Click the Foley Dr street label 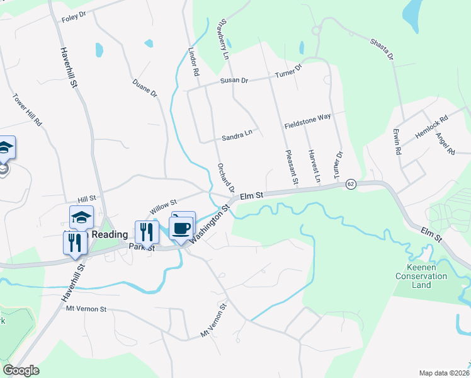[74, 17]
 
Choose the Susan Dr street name [234, 81]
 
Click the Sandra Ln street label [237, 137]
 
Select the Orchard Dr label [225, 178]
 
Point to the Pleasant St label [291, 167]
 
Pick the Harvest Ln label [314, 167]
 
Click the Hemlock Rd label [431, 126]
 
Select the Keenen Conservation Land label [421, 275]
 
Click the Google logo [21, 370]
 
